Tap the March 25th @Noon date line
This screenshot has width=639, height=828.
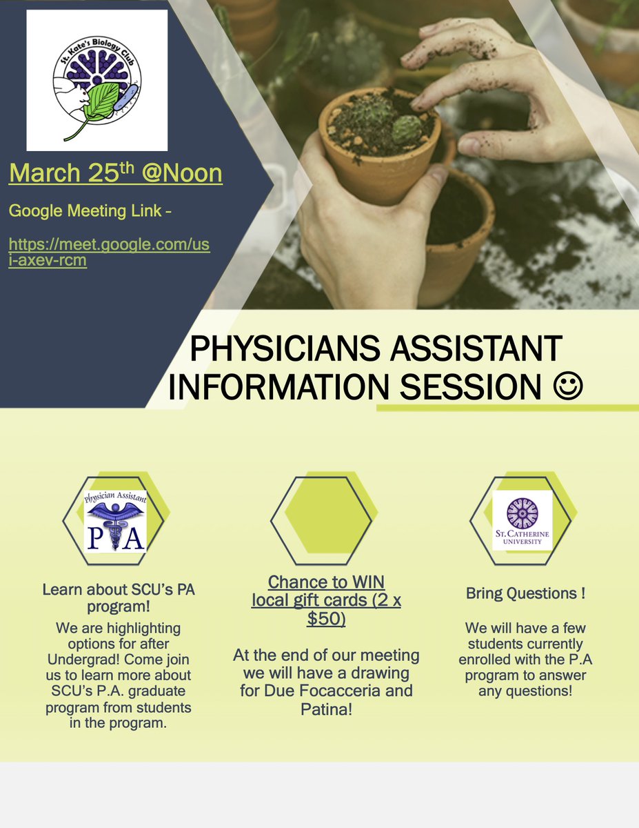pyautogui.click(x=115, y=173)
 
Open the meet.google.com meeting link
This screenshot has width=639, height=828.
pyautogui.click(x=109, y=253)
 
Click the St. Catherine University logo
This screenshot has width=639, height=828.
pyautogui.click(x=522, y=520)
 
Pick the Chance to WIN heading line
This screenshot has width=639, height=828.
pyautogui.click(x=326, y=582)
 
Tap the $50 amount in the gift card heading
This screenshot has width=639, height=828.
pyautogui.click(x=326, y=619)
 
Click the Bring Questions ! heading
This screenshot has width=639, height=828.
pyautogui.click(x=525, y=593)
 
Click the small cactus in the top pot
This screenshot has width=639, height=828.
pyautogui.click(x=407, y=128)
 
